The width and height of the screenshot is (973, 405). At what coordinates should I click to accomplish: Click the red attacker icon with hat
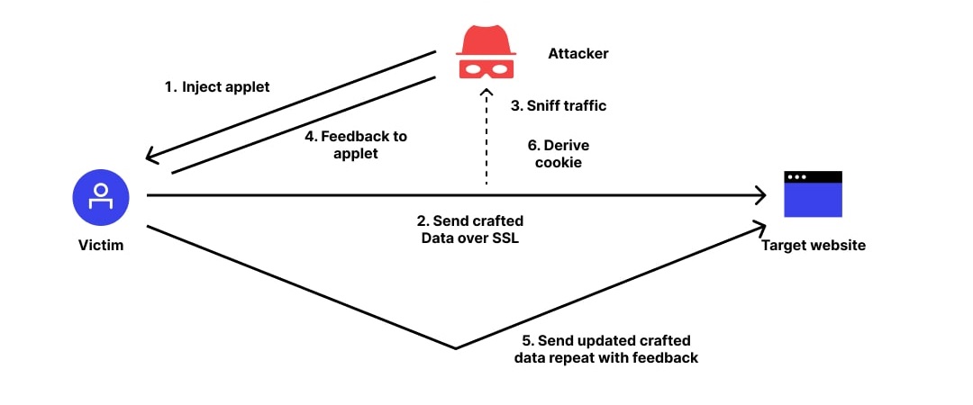point(486,52)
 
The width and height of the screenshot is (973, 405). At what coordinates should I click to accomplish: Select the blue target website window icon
point(813,194)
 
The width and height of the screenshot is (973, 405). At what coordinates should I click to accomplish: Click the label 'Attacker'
point(577,54)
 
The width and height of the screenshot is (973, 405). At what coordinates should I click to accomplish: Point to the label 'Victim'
point(100,245)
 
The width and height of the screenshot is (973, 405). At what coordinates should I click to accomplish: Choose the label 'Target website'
point(813,245)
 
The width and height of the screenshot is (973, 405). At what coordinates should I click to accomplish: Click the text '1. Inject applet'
point(217,87)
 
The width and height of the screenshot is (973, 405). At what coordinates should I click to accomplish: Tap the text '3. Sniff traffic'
point(559,105)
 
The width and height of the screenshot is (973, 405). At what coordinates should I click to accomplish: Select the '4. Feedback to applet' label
point(356,144)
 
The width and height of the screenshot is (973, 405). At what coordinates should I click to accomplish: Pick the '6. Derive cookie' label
point(559,152)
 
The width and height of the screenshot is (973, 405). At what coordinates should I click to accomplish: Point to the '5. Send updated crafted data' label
point(606,348)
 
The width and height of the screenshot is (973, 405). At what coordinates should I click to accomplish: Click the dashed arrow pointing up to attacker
point(486,135)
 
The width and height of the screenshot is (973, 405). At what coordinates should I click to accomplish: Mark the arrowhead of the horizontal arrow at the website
point(759,194)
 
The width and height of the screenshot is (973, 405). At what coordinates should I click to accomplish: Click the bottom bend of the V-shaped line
point(457,347)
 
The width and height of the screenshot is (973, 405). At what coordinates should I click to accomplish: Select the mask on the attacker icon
point(486,67)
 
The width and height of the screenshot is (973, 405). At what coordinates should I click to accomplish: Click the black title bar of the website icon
point(813,177)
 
